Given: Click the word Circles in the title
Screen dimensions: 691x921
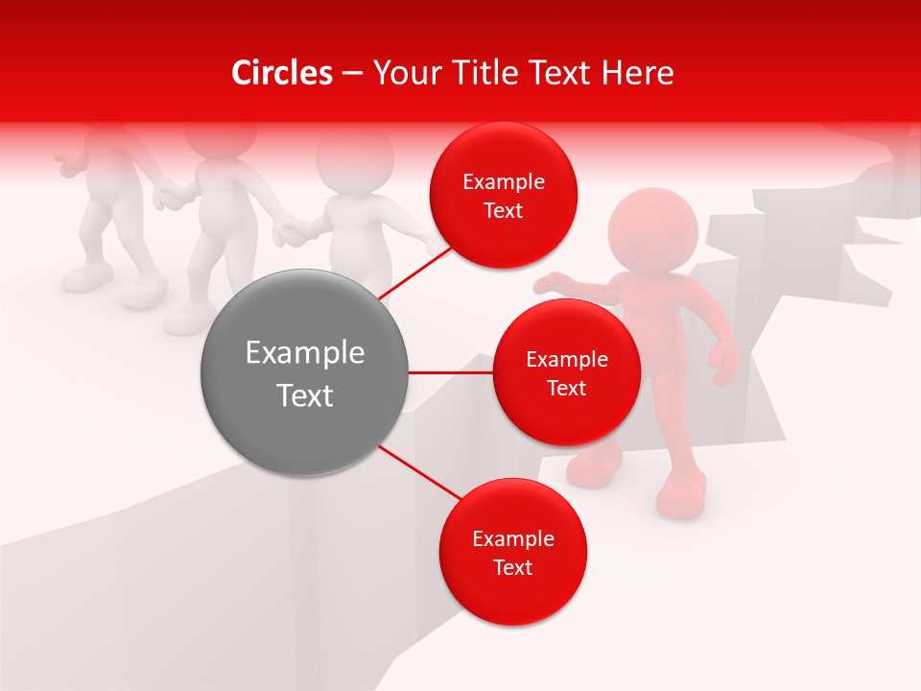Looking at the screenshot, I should (281, 73).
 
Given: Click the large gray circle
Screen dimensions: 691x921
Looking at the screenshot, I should (304, 372).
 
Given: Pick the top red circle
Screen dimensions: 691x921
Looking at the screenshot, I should (503, 196).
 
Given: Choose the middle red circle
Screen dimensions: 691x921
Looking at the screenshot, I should (566, 372).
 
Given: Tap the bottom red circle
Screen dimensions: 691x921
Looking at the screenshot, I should (512, 553).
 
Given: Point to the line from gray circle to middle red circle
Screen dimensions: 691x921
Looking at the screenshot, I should (450, 372).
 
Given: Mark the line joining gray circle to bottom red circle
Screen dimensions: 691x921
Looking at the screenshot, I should (419, 473).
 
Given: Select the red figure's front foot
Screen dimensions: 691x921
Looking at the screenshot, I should (681, 499).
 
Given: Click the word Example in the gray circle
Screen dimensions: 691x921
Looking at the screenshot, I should (304, 353).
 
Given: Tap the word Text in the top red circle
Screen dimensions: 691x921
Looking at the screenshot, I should (503, 211).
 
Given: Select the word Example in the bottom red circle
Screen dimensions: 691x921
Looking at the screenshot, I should (512, 538).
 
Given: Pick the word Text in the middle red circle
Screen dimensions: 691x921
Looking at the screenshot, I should (566, 389).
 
